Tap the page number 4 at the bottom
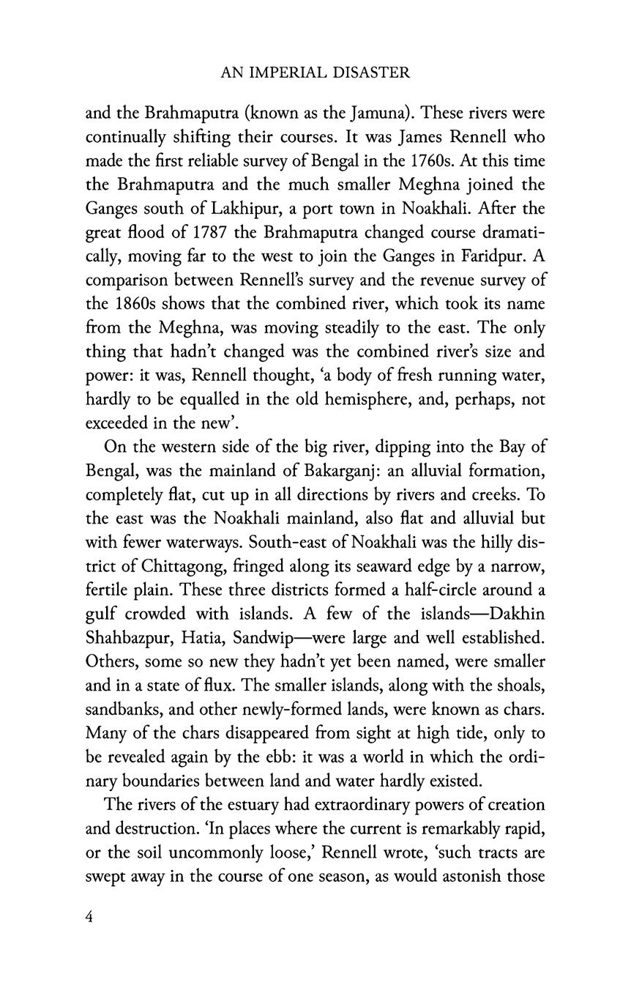click(90, 918)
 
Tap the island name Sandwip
click(267, 637)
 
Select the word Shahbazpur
click(127, 637)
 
